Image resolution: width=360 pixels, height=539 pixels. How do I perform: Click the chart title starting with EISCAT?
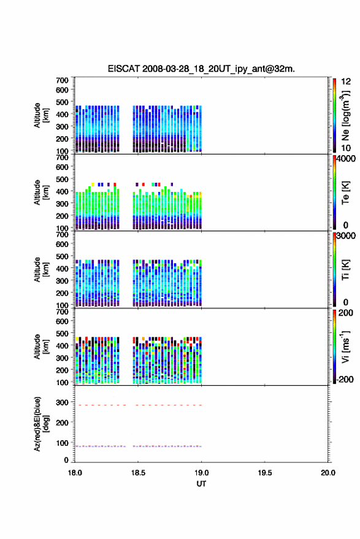coord(201,69)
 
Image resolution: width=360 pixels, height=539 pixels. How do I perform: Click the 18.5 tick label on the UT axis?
coord(138,473)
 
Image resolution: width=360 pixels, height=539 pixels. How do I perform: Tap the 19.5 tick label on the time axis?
coord(265,473)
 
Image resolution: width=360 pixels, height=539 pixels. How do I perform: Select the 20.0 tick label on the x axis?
coord(328,473)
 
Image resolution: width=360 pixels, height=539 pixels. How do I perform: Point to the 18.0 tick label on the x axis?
coord(75,473)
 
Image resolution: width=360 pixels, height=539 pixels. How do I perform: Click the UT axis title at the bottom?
coord(201,484)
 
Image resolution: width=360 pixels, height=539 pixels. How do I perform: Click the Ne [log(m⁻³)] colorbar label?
coord(345,116)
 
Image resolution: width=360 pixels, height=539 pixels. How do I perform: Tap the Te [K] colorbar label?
coord(345,193)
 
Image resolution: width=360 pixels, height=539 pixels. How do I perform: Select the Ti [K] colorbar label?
coord(345,270)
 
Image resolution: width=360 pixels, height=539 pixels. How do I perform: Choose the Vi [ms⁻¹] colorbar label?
coord(345,346)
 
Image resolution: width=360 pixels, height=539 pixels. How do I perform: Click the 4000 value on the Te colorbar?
coord(346,159)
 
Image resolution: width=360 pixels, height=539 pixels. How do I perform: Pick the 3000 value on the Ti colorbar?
coord(346,236)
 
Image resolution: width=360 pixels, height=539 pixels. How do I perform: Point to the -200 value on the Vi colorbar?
coord(345,379)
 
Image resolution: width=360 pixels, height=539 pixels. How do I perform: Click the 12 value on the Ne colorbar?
coord(346,82)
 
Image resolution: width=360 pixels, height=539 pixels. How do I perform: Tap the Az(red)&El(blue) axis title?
coord(41,424)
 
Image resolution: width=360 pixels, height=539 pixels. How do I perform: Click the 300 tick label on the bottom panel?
coord(62,402)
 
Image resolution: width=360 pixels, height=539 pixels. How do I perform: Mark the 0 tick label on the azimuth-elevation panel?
coord(66,460)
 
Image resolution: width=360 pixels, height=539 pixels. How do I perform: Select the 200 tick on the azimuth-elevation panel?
coord(62,422)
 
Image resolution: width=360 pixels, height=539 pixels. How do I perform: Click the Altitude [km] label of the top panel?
coord(41,115)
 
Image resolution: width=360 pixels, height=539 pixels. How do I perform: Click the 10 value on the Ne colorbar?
coord(346,148)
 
